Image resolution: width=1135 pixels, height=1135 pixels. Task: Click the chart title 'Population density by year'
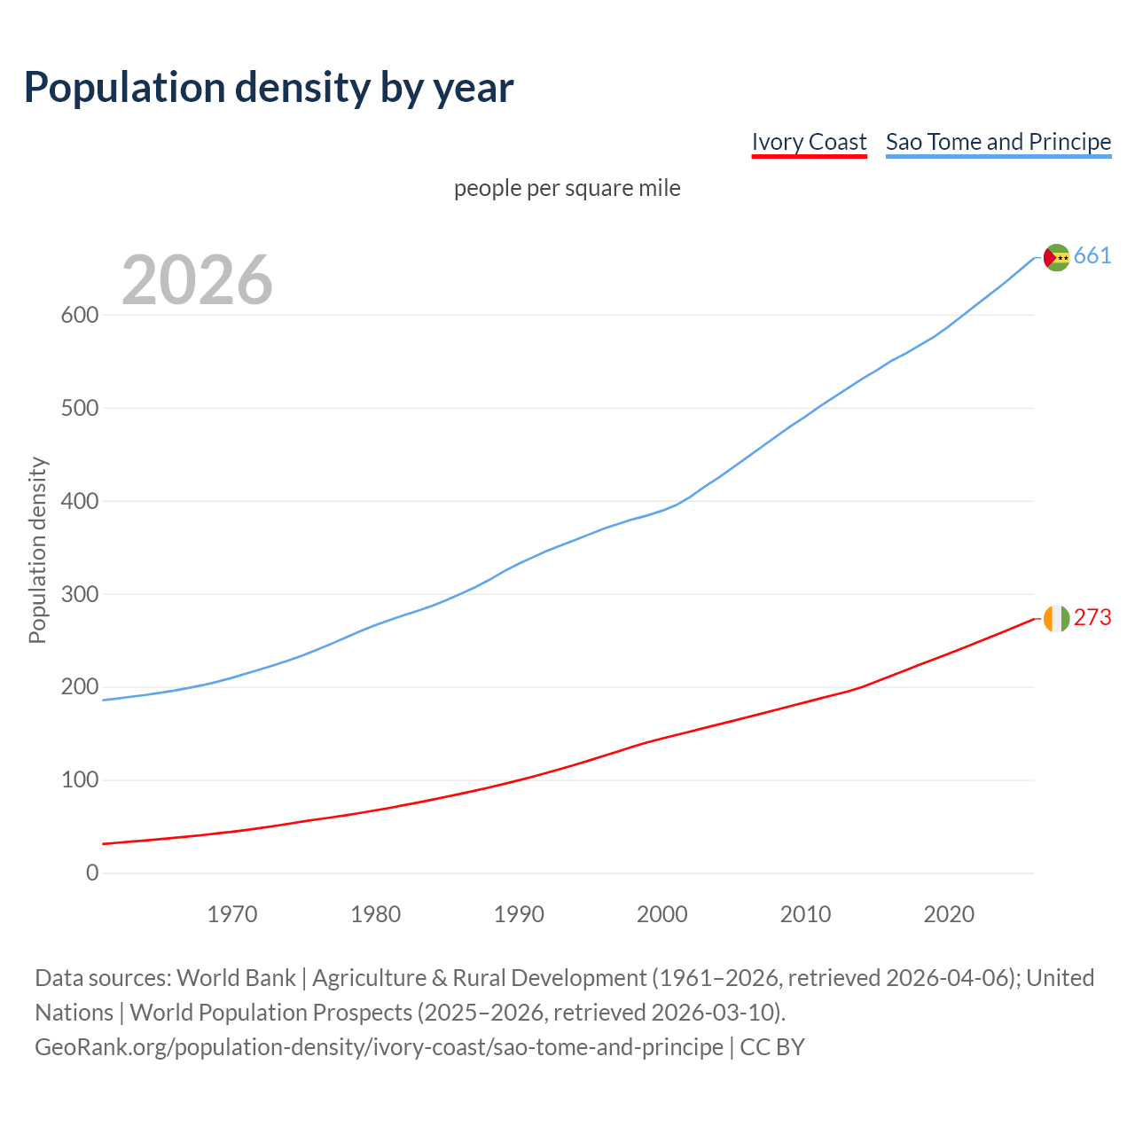click(x=269, y=87)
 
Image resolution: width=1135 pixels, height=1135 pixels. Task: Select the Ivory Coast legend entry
click(x=809, y=142)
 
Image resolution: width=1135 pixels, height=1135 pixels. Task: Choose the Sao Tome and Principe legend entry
click(x=998, y=142)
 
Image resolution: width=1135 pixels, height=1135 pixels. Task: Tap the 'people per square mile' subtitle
click(x=567, y=188)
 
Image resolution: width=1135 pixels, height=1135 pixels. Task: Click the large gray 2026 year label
click(x=197, y=280)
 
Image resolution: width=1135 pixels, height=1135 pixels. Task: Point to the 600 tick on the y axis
click(x=80, y=316)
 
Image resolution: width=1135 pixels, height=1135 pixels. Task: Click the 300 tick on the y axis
click(x=80, y=594)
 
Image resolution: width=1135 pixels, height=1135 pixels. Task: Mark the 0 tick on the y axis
click(x=92, y=873)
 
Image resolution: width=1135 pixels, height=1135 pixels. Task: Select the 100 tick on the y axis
click(x=80, y=780)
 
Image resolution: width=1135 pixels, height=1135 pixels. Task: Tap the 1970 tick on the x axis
click(x=232, y=914)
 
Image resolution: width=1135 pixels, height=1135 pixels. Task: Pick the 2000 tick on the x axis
click(x=662, y=914)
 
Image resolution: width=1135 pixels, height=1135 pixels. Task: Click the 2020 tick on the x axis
click(x=949, y=914)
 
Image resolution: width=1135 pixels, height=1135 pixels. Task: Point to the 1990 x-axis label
click(x=519, y=914)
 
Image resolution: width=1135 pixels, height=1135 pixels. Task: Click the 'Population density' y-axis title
click(x=37, y=550)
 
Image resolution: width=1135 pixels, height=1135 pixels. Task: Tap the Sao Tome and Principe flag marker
click(x=1056, y=257)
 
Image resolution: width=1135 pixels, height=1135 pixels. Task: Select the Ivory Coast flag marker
click(x=1056, y=619)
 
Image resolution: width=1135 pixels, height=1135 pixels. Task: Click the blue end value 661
click(x=1092, y=256)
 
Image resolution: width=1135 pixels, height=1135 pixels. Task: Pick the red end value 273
click(x=1092, y=618)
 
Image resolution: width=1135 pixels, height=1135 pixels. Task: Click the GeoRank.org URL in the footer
click(x=379, y=1047)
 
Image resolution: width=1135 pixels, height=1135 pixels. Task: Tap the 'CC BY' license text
click(x=772, y=1047)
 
